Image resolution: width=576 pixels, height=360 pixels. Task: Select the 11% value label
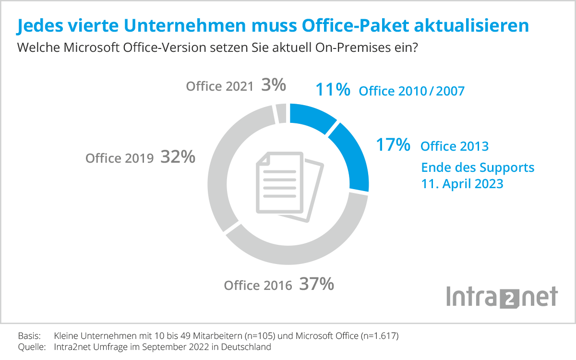coord(333,90)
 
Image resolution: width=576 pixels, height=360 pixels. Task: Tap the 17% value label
coord(393,144)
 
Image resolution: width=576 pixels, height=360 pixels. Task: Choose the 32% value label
coord(178,157)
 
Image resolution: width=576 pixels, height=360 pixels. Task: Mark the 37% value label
coord(316,284)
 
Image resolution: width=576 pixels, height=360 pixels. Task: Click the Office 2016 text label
coord(258,286)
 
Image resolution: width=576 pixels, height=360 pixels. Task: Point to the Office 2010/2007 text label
coord(411,91)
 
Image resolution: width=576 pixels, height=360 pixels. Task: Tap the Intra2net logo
coord(502,296)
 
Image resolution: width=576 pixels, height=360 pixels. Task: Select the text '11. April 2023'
coord(462,183)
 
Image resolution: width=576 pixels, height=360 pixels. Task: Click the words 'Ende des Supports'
coord(478,168)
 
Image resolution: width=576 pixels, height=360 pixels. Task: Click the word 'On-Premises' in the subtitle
coord(360,48)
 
